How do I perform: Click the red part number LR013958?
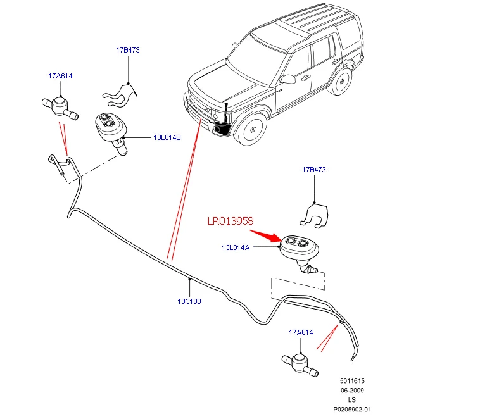(x=231, y=221)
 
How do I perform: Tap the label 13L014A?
(x=236, y=247)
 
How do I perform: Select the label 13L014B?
(x=167, y=137)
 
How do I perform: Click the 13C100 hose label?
(x=189, y=301)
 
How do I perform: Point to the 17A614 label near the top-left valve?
(x=60, y=76)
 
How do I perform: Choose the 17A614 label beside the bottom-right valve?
(x=301, y=332)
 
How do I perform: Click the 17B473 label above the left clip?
(x=128, y=50)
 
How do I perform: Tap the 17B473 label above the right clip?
(x=314, y=170)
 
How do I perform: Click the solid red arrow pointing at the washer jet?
(x=265, y=235)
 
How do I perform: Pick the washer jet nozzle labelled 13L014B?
(x=111, y=130)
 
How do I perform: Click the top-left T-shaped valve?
(x=60, y=107)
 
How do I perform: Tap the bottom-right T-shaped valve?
(x=300, y=364)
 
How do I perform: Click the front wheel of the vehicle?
(x=251, y=129)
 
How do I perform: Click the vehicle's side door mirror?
(x=287, y=79)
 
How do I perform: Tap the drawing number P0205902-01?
(x=352, y=410)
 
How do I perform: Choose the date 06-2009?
(x=352, y=391)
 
